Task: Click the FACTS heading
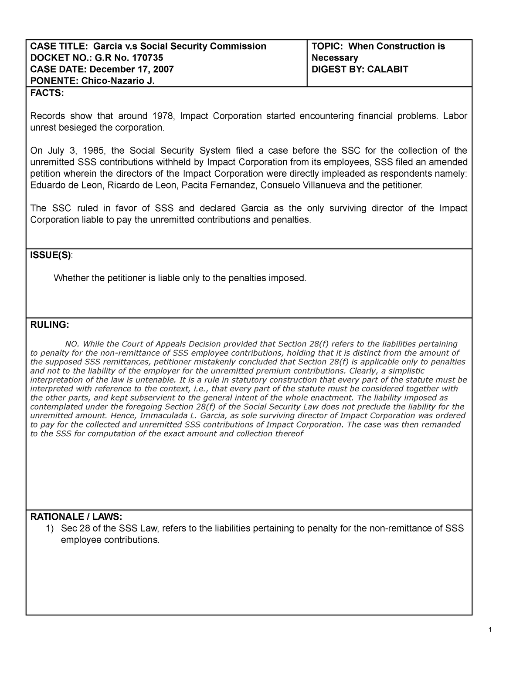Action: coord(46,93)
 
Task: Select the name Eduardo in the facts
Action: coord(48,185)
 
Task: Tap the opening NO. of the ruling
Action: coord(71,344)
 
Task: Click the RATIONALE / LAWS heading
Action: coord(76,517)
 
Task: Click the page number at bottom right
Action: coord(490,629)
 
